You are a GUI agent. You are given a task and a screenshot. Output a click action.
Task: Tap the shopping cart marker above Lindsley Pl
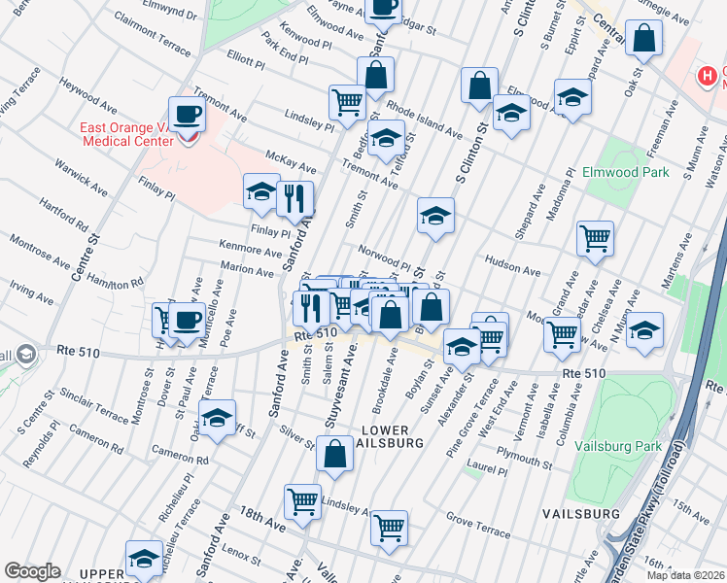[x=347, y=101]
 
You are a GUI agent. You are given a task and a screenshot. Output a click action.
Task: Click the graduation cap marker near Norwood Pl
[x=435, y=217]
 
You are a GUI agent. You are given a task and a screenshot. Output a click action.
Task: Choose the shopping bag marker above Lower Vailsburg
[x=334, y=455]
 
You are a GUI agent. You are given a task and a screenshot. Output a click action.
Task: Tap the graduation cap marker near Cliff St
[x=218, y=420]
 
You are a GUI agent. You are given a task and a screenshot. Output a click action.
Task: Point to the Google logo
[x=32, y=571]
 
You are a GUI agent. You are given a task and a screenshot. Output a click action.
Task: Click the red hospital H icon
[x=708, y=75]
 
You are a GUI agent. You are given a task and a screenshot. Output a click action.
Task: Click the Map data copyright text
[x=684, y=574]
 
